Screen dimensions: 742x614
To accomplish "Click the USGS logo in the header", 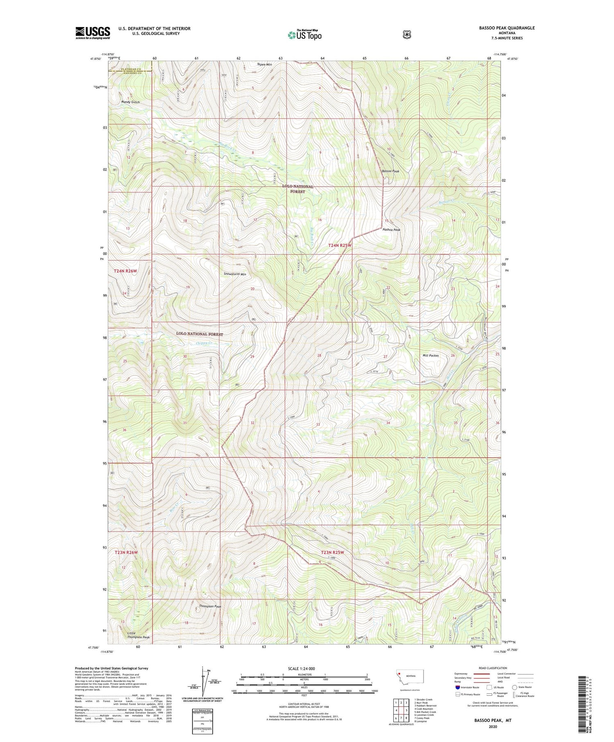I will click(x=93, y=33).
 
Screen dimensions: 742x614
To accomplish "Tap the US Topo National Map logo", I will click(x=305, y=35).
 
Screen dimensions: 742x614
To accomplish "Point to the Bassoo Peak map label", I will click(x=390, y=171).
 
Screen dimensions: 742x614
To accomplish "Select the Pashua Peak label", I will click(x=391, y=230).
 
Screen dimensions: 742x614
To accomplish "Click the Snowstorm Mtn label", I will click(x=235, y=274).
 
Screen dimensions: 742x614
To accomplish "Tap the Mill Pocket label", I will click(x=430, y=356).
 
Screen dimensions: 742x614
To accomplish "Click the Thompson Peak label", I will click(x=210, y=607).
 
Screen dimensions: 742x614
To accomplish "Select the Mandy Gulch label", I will click(x=130, y=102).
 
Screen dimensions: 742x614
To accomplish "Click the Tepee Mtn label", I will click(x=264, y=65).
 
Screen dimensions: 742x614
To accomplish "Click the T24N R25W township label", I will click(x=340, y=245).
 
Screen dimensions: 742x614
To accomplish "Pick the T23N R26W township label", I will click(x=126, y=553).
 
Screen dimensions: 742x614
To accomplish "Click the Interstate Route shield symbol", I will click(x=458, y=687).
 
